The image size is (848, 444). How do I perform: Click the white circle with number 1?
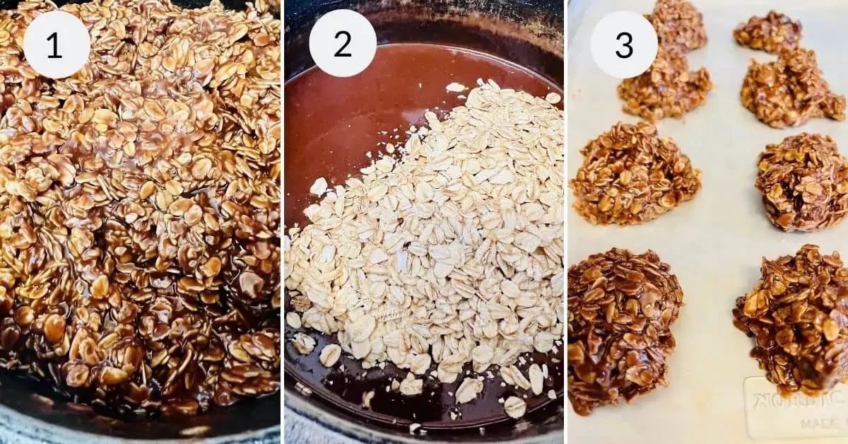tap(57, 45)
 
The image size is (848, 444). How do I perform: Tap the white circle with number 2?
tap(343, 44)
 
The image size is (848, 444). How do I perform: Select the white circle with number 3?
tap(624, 45)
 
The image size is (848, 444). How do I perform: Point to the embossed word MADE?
tap(820, 423)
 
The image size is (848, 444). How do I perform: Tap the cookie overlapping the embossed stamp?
tap(791, 318)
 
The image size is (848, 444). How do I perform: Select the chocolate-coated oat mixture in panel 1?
tap(141, 212)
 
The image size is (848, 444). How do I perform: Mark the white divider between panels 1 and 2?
tap(282, 222)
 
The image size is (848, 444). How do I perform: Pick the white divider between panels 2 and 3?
tap(566, 222)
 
